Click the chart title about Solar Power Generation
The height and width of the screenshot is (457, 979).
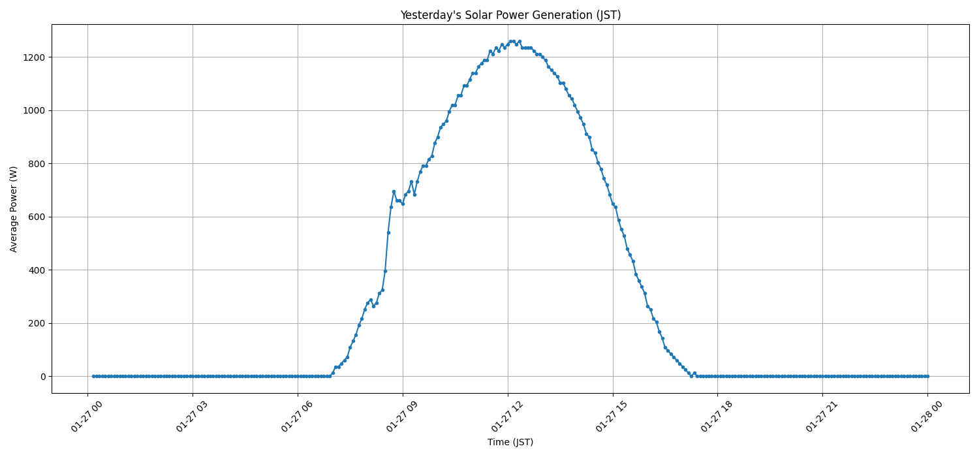(x=510, y=15)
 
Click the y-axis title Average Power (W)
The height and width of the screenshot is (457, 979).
(x=14, y=209)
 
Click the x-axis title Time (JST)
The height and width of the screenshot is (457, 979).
(x=510, y=442)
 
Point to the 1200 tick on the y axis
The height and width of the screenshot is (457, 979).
(x=34, y=57)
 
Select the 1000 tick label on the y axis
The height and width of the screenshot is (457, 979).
(x=34, y=110)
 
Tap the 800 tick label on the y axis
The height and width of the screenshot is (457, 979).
(x=37, y=164)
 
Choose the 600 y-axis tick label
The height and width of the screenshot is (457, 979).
(x=37, y=217)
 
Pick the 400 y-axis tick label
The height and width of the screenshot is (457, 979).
(x=37, y=270)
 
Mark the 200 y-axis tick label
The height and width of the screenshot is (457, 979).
(x=37, y=323)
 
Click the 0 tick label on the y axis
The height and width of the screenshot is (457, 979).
(x=43, y=377)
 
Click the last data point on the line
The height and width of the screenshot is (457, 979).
(x=927, y=376)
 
